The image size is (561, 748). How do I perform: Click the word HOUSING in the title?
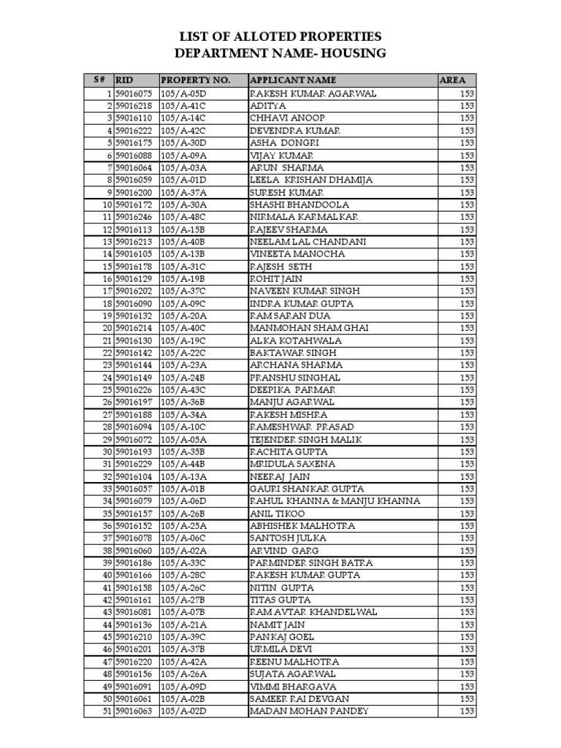(348, 53)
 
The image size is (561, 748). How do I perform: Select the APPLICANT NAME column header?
(293, 80)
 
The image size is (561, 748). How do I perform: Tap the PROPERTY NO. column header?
(195, 80)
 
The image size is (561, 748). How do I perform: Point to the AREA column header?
(452, 80)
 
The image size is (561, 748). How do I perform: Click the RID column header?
(125, 80)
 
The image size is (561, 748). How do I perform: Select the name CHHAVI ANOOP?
(287, 118)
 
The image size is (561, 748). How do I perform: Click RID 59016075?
(134, 93)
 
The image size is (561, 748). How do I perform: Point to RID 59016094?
(134, 427)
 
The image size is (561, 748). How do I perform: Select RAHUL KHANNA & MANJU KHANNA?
(335, 501)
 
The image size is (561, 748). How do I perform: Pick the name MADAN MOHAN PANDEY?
(309, 711)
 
